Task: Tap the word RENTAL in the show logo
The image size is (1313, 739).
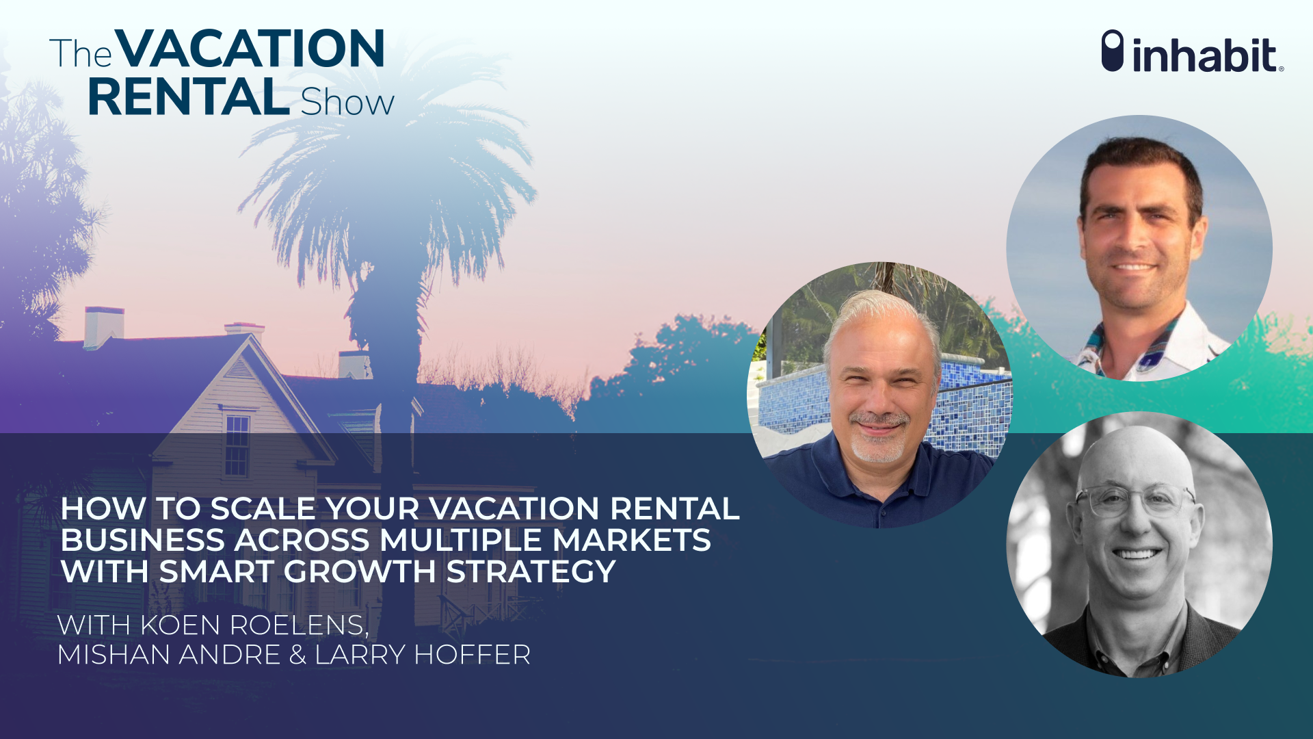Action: (189, 97)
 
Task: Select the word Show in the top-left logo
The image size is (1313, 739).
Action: (347, 102)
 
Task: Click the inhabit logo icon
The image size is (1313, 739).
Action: (1113, 51)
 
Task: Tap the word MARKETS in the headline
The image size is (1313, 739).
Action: (631, 541)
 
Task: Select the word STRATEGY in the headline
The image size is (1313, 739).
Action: (531, 572)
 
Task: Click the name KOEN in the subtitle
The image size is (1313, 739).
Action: (181, 625)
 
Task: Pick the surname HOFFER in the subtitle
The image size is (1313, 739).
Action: (472, 656)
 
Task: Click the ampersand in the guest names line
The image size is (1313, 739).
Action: (297, 656)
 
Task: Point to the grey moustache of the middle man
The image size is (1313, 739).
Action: (879, 419)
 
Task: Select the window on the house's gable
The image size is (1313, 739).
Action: (237, 445)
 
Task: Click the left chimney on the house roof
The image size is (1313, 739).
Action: (104, 327)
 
